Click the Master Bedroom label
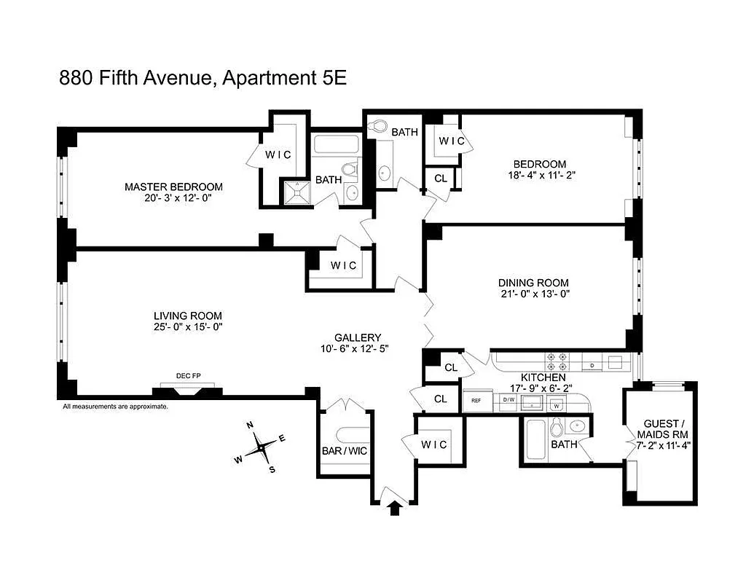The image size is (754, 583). [173, 187]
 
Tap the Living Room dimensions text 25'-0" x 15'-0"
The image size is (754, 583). [187, 327]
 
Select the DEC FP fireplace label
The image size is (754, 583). [188, 376]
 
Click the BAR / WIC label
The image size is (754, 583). [345, 451]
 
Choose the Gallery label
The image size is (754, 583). [358, 337]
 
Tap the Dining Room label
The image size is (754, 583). [533, 283]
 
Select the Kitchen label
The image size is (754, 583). [543, 378]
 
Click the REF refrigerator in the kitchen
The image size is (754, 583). [476, 401]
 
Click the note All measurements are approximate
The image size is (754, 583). [115, 407]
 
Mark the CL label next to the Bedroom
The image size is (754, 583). [441, 178]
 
